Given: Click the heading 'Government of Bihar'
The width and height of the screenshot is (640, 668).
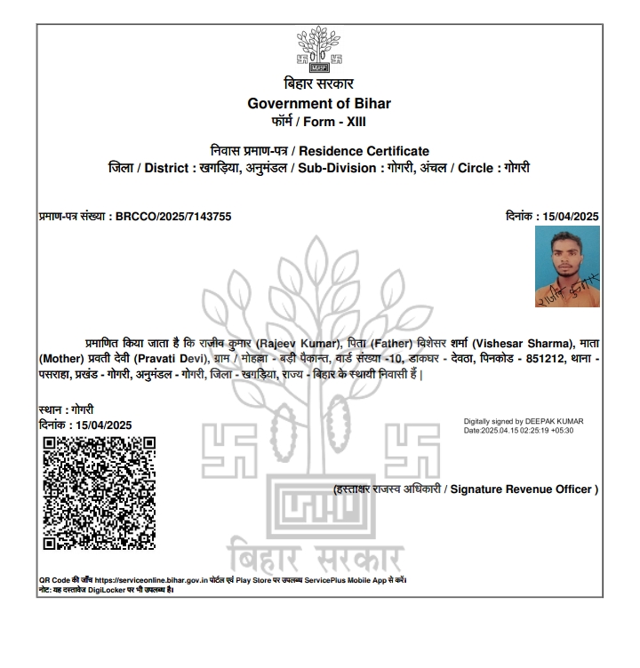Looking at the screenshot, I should [x=319, y=103].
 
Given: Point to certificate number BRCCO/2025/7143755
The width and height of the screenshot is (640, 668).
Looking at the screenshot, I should [x=174, y=216].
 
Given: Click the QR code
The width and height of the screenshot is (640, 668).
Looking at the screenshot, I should [x=100, y=493].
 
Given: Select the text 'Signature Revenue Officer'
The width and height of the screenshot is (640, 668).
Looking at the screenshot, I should [x=523, y=489].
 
